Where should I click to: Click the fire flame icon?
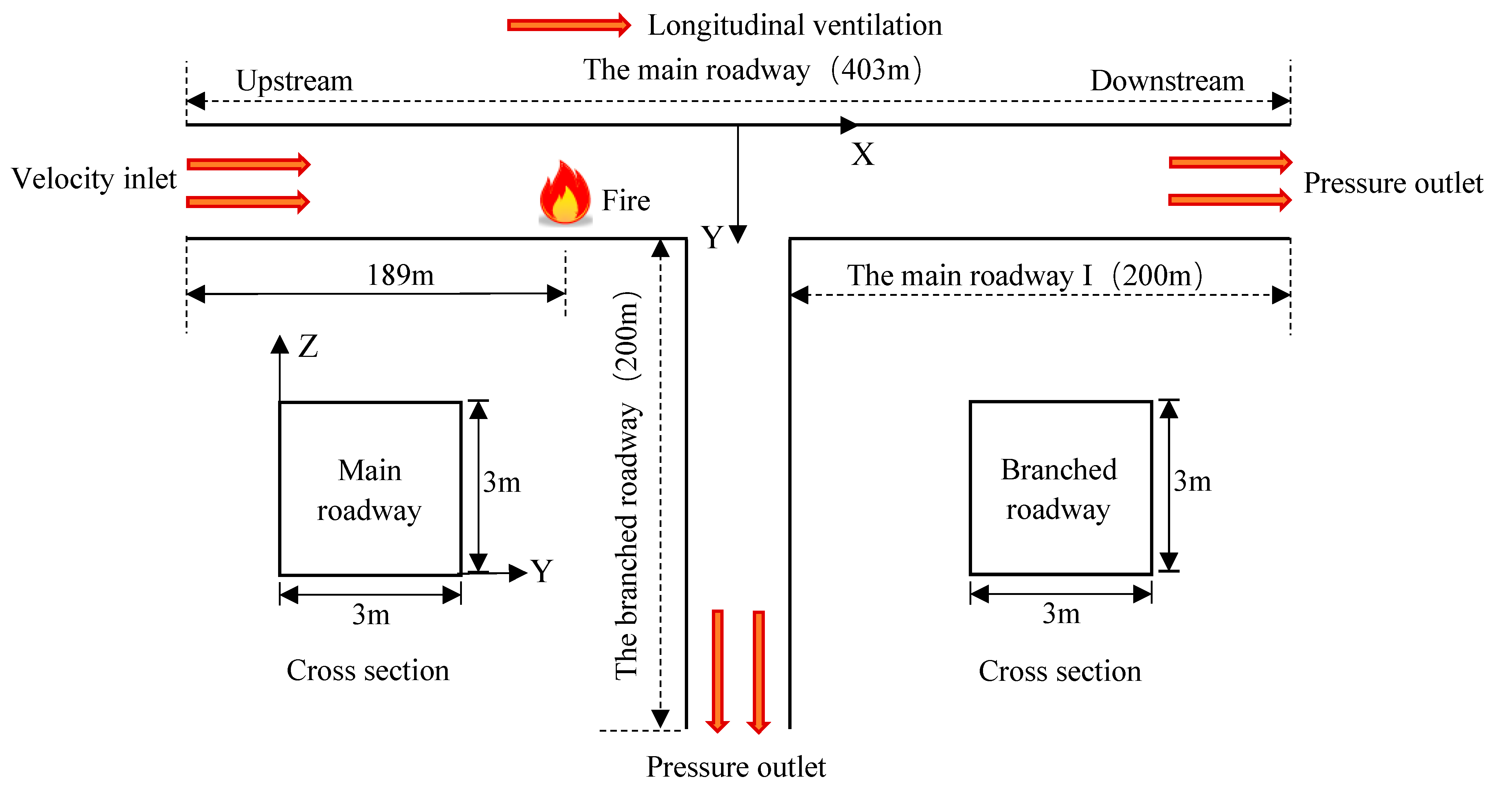click(x=565, y=195)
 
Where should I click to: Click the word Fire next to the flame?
click(x=626, y=201)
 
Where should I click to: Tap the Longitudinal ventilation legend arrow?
click(x=569, y=25)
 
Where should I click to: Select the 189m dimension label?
click(x=401, y=275)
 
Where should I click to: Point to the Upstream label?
click(x=294, y=81)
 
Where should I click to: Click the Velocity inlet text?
click(x=94, y=179)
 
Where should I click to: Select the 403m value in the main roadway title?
click(x=875, y=70)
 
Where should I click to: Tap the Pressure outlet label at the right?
click(x=1393, y=184)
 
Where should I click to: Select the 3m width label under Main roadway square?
click(x=371, y=614)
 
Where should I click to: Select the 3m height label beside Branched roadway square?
click(x=1192, y=481)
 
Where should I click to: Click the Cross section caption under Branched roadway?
click(x=1060, y=671)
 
